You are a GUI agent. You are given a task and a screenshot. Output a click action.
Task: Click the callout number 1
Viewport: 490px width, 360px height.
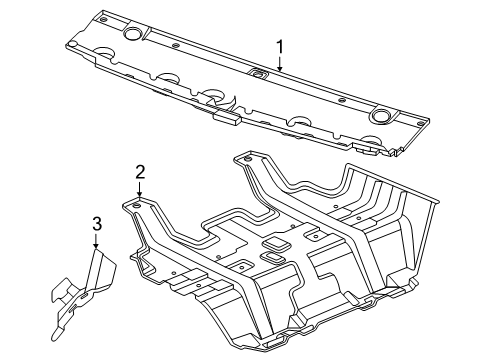pos(280,46)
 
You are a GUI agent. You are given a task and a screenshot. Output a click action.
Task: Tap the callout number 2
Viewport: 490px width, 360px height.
pos(141,171)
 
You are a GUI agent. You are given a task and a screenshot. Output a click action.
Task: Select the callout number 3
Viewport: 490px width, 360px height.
pos(96,223)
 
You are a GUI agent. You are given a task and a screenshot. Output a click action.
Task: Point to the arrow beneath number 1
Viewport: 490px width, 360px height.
pos(280,63)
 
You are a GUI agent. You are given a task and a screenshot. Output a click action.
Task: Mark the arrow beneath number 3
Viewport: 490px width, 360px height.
pos(96,241)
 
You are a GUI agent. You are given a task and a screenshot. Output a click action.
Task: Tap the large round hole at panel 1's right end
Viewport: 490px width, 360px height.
pos(378,116)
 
